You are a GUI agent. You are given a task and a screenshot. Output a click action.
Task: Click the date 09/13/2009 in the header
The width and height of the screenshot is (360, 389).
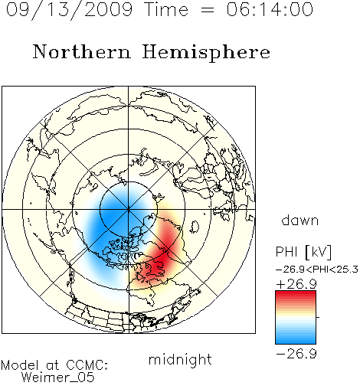pos(69,10)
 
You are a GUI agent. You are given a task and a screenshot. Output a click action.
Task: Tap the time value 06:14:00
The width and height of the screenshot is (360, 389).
pos(270,9)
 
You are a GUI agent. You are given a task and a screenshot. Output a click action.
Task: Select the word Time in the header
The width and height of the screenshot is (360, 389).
pos(166,9)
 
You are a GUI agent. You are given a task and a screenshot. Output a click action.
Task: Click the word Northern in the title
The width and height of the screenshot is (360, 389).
pos(82,51)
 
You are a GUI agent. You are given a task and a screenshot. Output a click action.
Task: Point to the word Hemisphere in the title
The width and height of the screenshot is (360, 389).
pos(206,53)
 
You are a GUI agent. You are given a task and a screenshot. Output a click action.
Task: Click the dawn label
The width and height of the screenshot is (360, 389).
pos(300,220)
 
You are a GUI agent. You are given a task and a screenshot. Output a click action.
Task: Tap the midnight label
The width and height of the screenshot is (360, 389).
pos(180,359)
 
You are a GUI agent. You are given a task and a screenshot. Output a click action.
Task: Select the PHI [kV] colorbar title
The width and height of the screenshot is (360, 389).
pos(303,252)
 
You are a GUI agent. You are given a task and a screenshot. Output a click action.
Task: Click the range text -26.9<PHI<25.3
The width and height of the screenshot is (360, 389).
pos(317,270)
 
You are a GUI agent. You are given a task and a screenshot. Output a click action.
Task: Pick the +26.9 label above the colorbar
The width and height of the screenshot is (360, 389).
pos(296,284)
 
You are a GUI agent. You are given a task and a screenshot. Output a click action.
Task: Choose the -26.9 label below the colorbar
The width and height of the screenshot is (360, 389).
pos(296,354)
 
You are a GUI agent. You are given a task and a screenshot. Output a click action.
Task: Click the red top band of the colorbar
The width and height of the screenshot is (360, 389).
pos(296,294)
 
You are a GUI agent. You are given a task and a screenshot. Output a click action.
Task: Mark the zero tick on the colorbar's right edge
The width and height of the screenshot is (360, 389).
pos(318,317)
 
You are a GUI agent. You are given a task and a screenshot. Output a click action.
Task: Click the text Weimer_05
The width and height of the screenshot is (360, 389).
pos(58,377)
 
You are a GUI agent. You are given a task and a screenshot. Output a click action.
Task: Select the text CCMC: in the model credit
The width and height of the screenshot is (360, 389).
pos(87,365)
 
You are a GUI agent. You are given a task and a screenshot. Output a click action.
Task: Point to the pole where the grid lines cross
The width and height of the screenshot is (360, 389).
pos(129,209)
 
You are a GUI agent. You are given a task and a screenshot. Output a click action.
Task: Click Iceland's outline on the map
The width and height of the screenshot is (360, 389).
pos(195,227)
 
